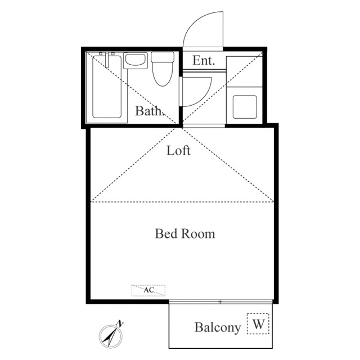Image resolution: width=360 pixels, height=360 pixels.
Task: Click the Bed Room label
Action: [x=185, y=234]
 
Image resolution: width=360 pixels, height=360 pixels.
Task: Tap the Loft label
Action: [x=178, y=151]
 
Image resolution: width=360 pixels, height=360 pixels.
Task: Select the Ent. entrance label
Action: [x=204, y=60]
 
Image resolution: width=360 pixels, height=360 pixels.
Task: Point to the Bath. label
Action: [x=150, y=111]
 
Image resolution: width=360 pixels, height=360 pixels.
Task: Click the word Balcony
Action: [x=218, y=327]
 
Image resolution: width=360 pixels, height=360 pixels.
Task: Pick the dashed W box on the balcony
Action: [x=258, y=324]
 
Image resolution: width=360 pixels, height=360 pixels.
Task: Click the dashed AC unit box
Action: [x=148, y=290]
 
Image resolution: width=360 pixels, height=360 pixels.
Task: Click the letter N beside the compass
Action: [x=120, y=324]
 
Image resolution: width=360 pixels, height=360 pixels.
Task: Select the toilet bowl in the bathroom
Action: [x=163, y=74]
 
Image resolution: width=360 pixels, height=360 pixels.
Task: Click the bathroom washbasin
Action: [x=136, y=61]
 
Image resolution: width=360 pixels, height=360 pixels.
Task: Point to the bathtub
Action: [x=107, y=87]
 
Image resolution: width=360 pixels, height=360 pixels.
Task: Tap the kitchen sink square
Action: [x=245, y=107]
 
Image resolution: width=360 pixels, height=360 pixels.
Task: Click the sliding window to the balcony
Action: [x=220, y=301]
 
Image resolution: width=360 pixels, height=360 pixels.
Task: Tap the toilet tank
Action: [x=163, y=57]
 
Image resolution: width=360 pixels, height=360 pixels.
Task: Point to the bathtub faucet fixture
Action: [x=107, y=60]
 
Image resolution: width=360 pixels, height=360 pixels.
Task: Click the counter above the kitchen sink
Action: [x=245, y=71]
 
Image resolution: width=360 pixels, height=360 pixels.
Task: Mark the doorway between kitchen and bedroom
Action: [x=204, y=125]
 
